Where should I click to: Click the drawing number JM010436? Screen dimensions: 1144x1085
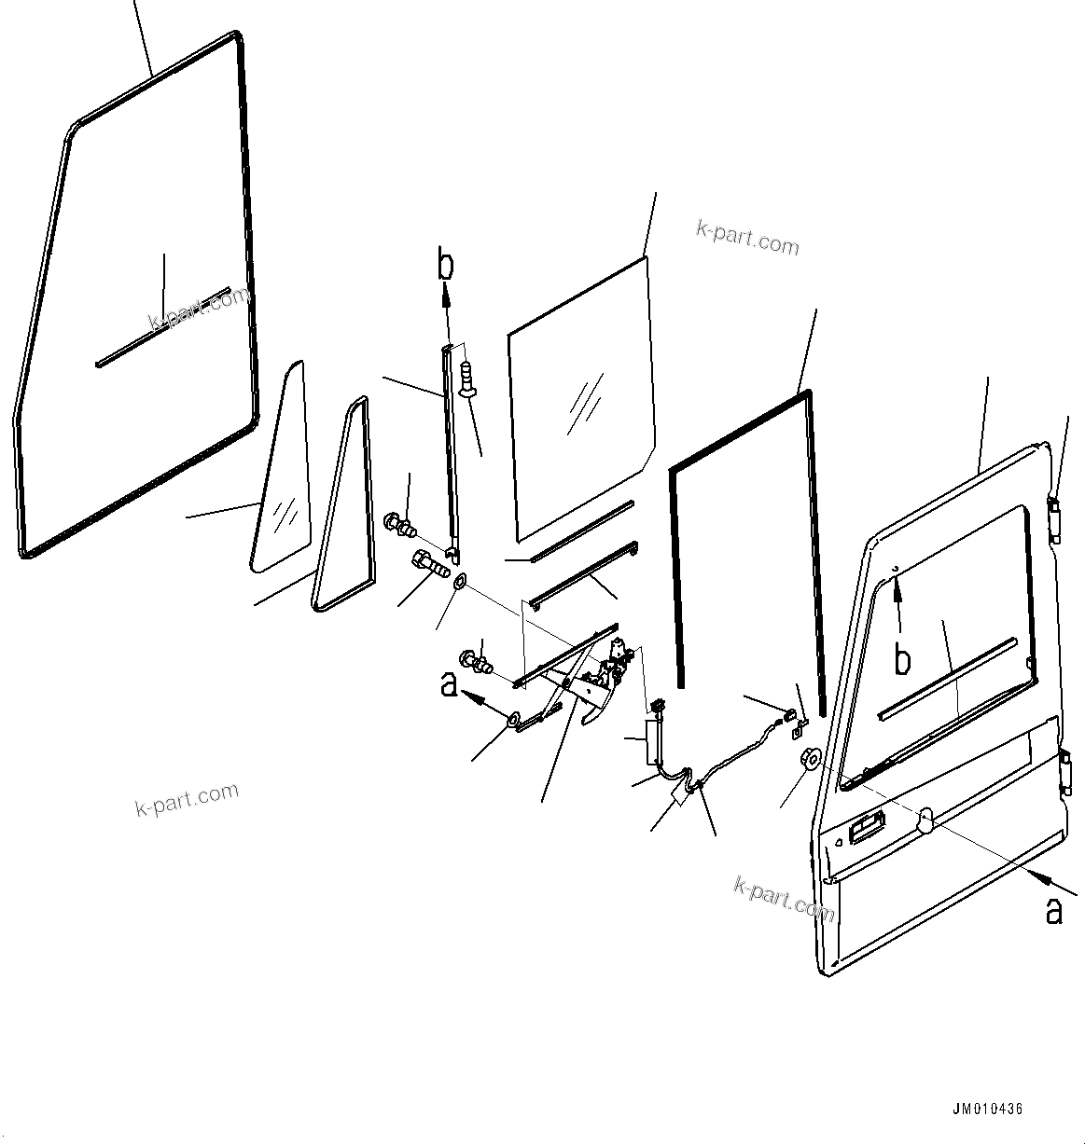987,1110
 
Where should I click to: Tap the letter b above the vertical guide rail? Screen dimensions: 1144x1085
447,264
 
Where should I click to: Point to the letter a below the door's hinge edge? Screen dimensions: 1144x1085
1053,911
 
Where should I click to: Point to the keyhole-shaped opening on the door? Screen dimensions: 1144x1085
925,817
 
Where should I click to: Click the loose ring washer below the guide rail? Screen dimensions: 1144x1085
460,582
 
